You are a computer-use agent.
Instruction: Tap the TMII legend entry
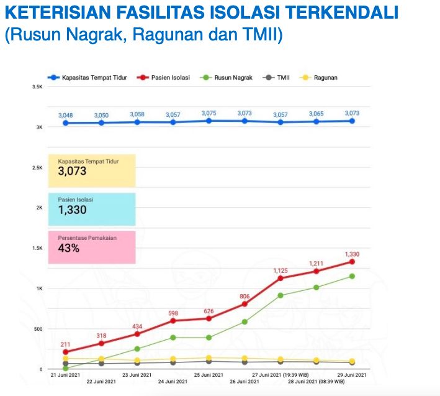(x=284, y=78)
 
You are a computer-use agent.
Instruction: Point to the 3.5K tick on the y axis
(x=37, y=87)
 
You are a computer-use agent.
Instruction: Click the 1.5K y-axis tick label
(x=37, y=249)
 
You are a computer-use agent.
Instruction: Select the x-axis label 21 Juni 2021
(x=65, y=375)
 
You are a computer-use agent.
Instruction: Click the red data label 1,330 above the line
(x=352, y=254)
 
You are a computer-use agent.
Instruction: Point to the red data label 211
(x=65, y=344)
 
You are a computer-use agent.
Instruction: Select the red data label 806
(x=245, y=296)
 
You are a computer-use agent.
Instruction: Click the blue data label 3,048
(x=65, y=116)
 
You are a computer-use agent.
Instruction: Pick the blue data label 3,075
(x=209, y=113)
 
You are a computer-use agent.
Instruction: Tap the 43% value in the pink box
(x=68, y=248)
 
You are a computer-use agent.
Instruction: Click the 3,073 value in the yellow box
(x=72, y=171)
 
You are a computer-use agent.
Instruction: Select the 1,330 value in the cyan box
(x=72, y=210)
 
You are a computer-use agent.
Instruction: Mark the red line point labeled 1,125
(x=281, y=278)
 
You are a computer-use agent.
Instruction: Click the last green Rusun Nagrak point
(x=352, y=276)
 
